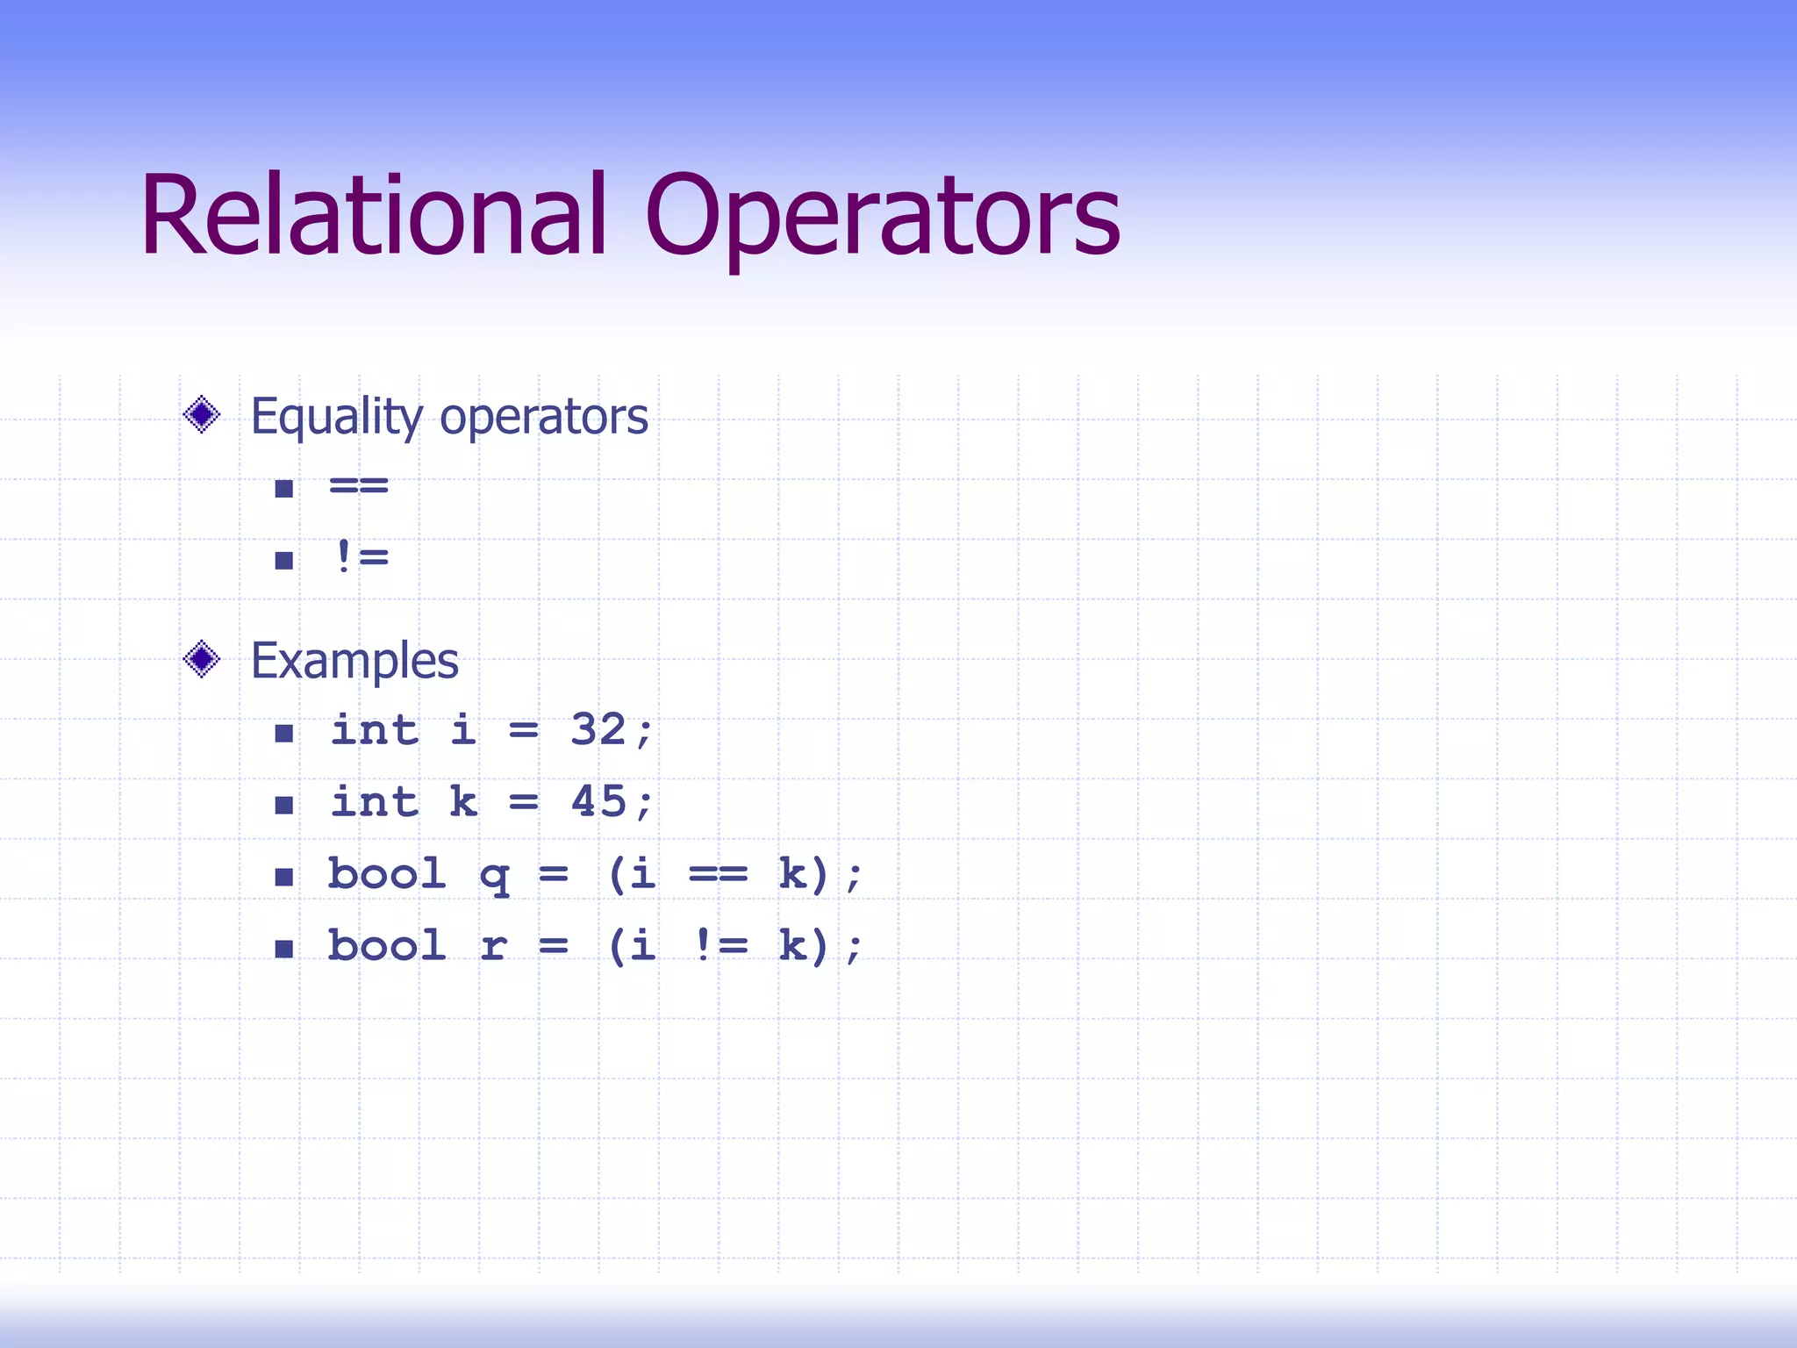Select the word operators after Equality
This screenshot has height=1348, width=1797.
coord(544,419)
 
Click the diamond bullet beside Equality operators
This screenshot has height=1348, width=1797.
coord(202,414)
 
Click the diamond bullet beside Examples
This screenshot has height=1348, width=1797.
coord(202,659)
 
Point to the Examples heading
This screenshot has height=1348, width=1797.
coord(354,661)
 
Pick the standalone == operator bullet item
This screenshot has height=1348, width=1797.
coord(359,485)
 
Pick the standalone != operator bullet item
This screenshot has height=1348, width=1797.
coord(361,557)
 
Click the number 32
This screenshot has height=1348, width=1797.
coord(598,729)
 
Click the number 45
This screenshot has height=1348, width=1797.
coord(598,801)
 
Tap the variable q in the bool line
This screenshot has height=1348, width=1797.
coord(495,876)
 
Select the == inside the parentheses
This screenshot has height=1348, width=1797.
coord(718,874)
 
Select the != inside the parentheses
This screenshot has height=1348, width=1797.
coord(720,945)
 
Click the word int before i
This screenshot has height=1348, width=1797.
coord(375,730)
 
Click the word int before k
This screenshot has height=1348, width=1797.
coord(375,802)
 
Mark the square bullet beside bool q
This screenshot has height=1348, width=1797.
coord(283,877)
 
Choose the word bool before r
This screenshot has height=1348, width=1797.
coord(387,946)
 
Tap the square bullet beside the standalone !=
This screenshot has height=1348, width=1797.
coord(283,560)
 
